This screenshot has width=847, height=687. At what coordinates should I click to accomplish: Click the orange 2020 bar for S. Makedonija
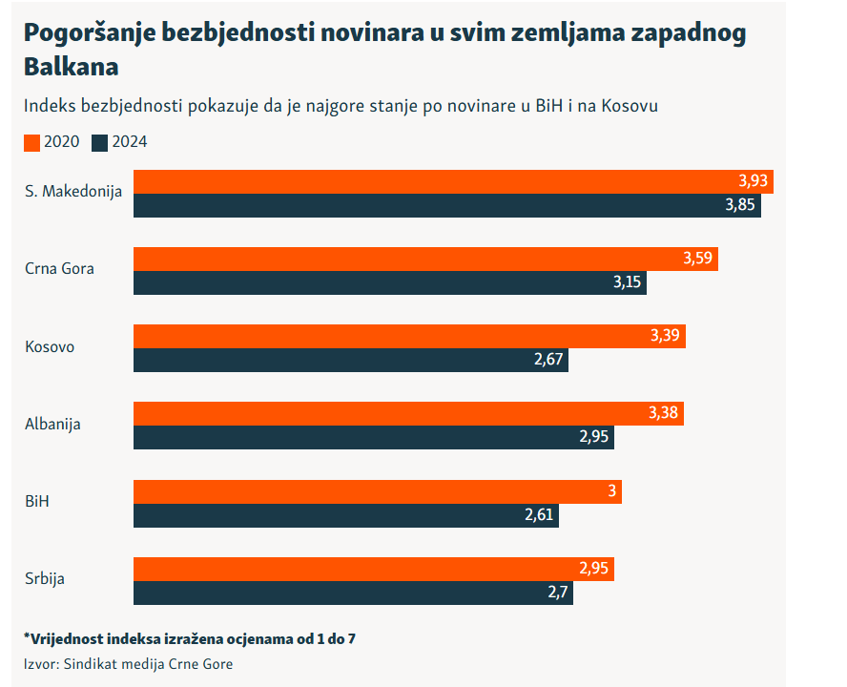[x=453, y=181]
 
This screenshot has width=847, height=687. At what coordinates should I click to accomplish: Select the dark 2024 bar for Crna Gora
[x=389, y=283]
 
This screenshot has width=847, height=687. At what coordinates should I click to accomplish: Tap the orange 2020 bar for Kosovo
[x=409, y=336]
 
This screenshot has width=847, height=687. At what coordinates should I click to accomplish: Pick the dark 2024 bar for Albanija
[x=373, y=438]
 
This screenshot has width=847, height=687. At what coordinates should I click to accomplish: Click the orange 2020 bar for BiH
[x=377, y=491]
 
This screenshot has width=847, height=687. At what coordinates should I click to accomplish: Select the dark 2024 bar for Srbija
[x=353, y=593]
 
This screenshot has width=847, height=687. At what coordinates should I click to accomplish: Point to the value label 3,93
[x=753, y=181]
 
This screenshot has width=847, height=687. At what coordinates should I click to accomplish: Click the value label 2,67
[x=547, y=361]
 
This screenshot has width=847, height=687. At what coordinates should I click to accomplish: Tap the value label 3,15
[x=626, y=283]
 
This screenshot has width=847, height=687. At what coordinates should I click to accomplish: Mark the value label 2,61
[x=539, y=515]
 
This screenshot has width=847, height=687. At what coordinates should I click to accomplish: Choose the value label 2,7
[x=558, y=593]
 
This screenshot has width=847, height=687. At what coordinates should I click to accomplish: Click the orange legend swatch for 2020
[x=31, y=143]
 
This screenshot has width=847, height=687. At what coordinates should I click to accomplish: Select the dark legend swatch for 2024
[x=100, y=143]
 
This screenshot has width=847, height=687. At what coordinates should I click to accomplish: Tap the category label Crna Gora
[x=59, y=269]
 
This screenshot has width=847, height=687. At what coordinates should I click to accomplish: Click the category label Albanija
[x=52, y=424]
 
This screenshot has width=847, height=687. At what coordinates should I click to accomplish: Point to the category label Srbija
[x=45, y=578]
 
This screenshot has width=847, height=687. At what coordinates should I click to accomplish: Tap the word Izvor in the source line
[x=41, y=664]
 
